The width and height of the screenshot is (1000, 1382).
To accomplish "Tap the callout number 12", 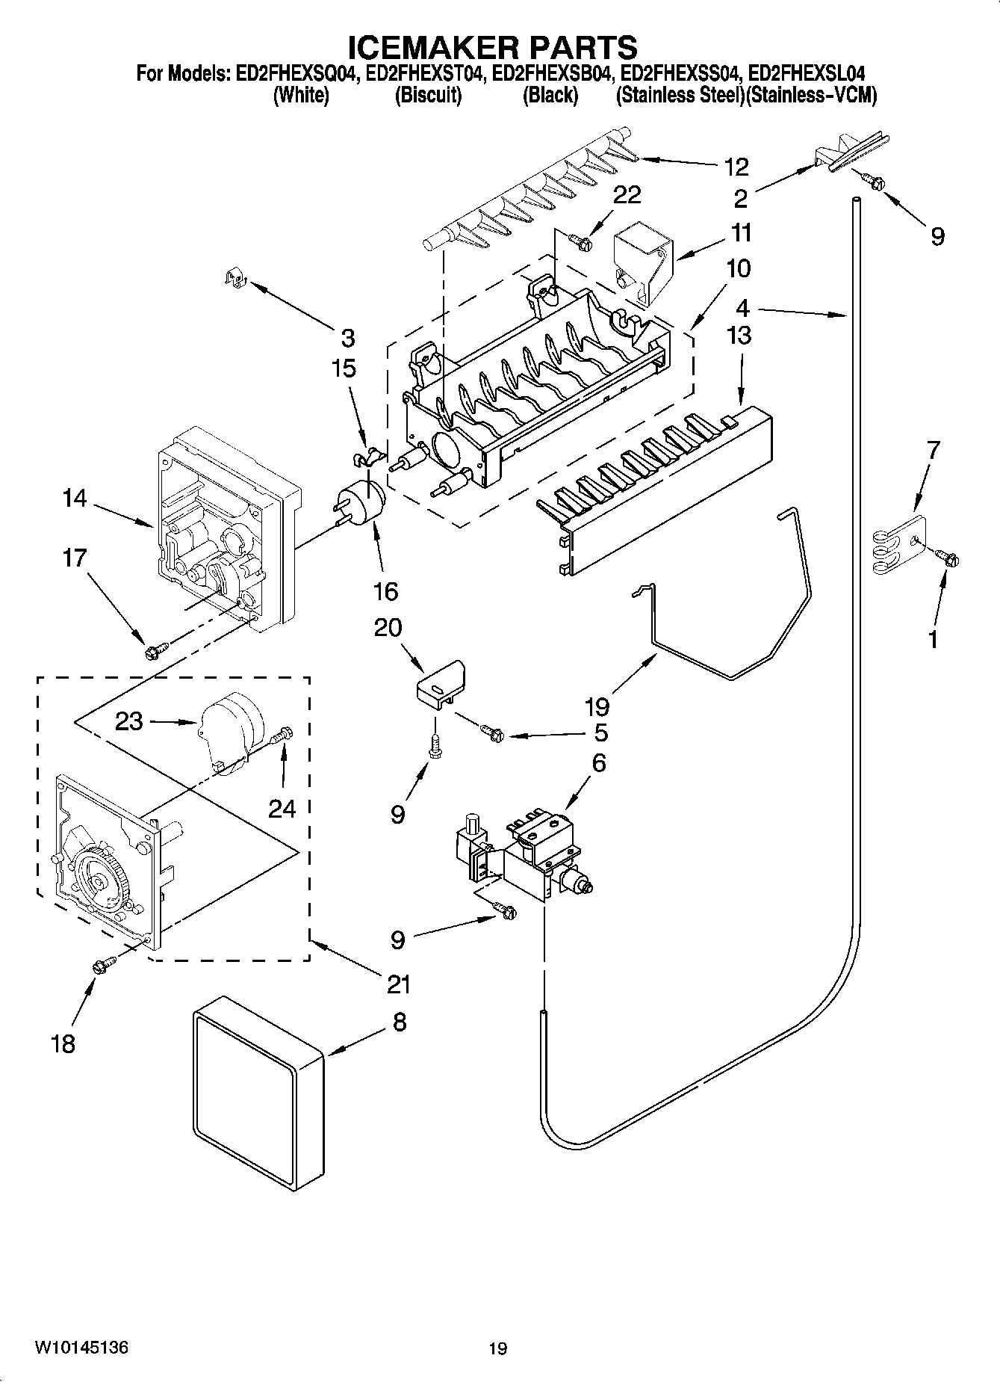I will [736, 166].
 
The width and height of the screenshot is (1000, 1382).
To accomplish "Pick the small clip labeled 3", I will [236, 279].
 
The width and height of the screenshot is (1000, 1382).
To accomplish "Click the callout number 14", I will [75, 498].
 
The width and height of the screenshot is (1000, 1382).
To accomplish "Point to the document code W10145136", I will [81, 1348].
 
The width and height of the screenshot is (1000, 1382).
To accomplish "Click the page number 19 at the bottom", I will [498, 1348].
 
